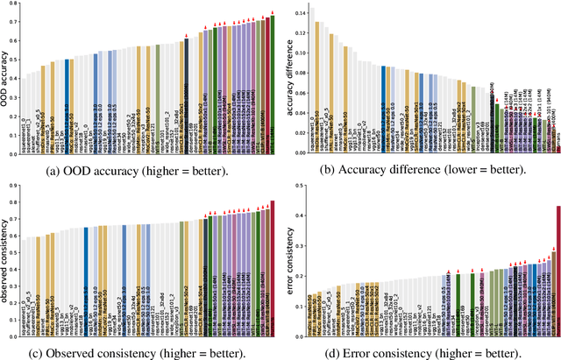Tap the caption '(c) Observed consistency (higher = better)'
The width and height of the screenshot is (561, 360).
pyautogui.click(x=139, y=352)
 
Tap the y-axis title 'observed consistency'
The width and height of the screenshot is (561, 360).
pyautogui.click(x=6, y=259)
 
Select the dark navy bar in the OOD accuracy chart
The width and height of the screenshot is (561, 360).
pyautogui.click(x=186, y=96)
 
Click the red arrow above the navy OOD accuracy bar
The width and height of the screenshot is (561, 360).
pyautogui.click(x=186, y=37)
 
